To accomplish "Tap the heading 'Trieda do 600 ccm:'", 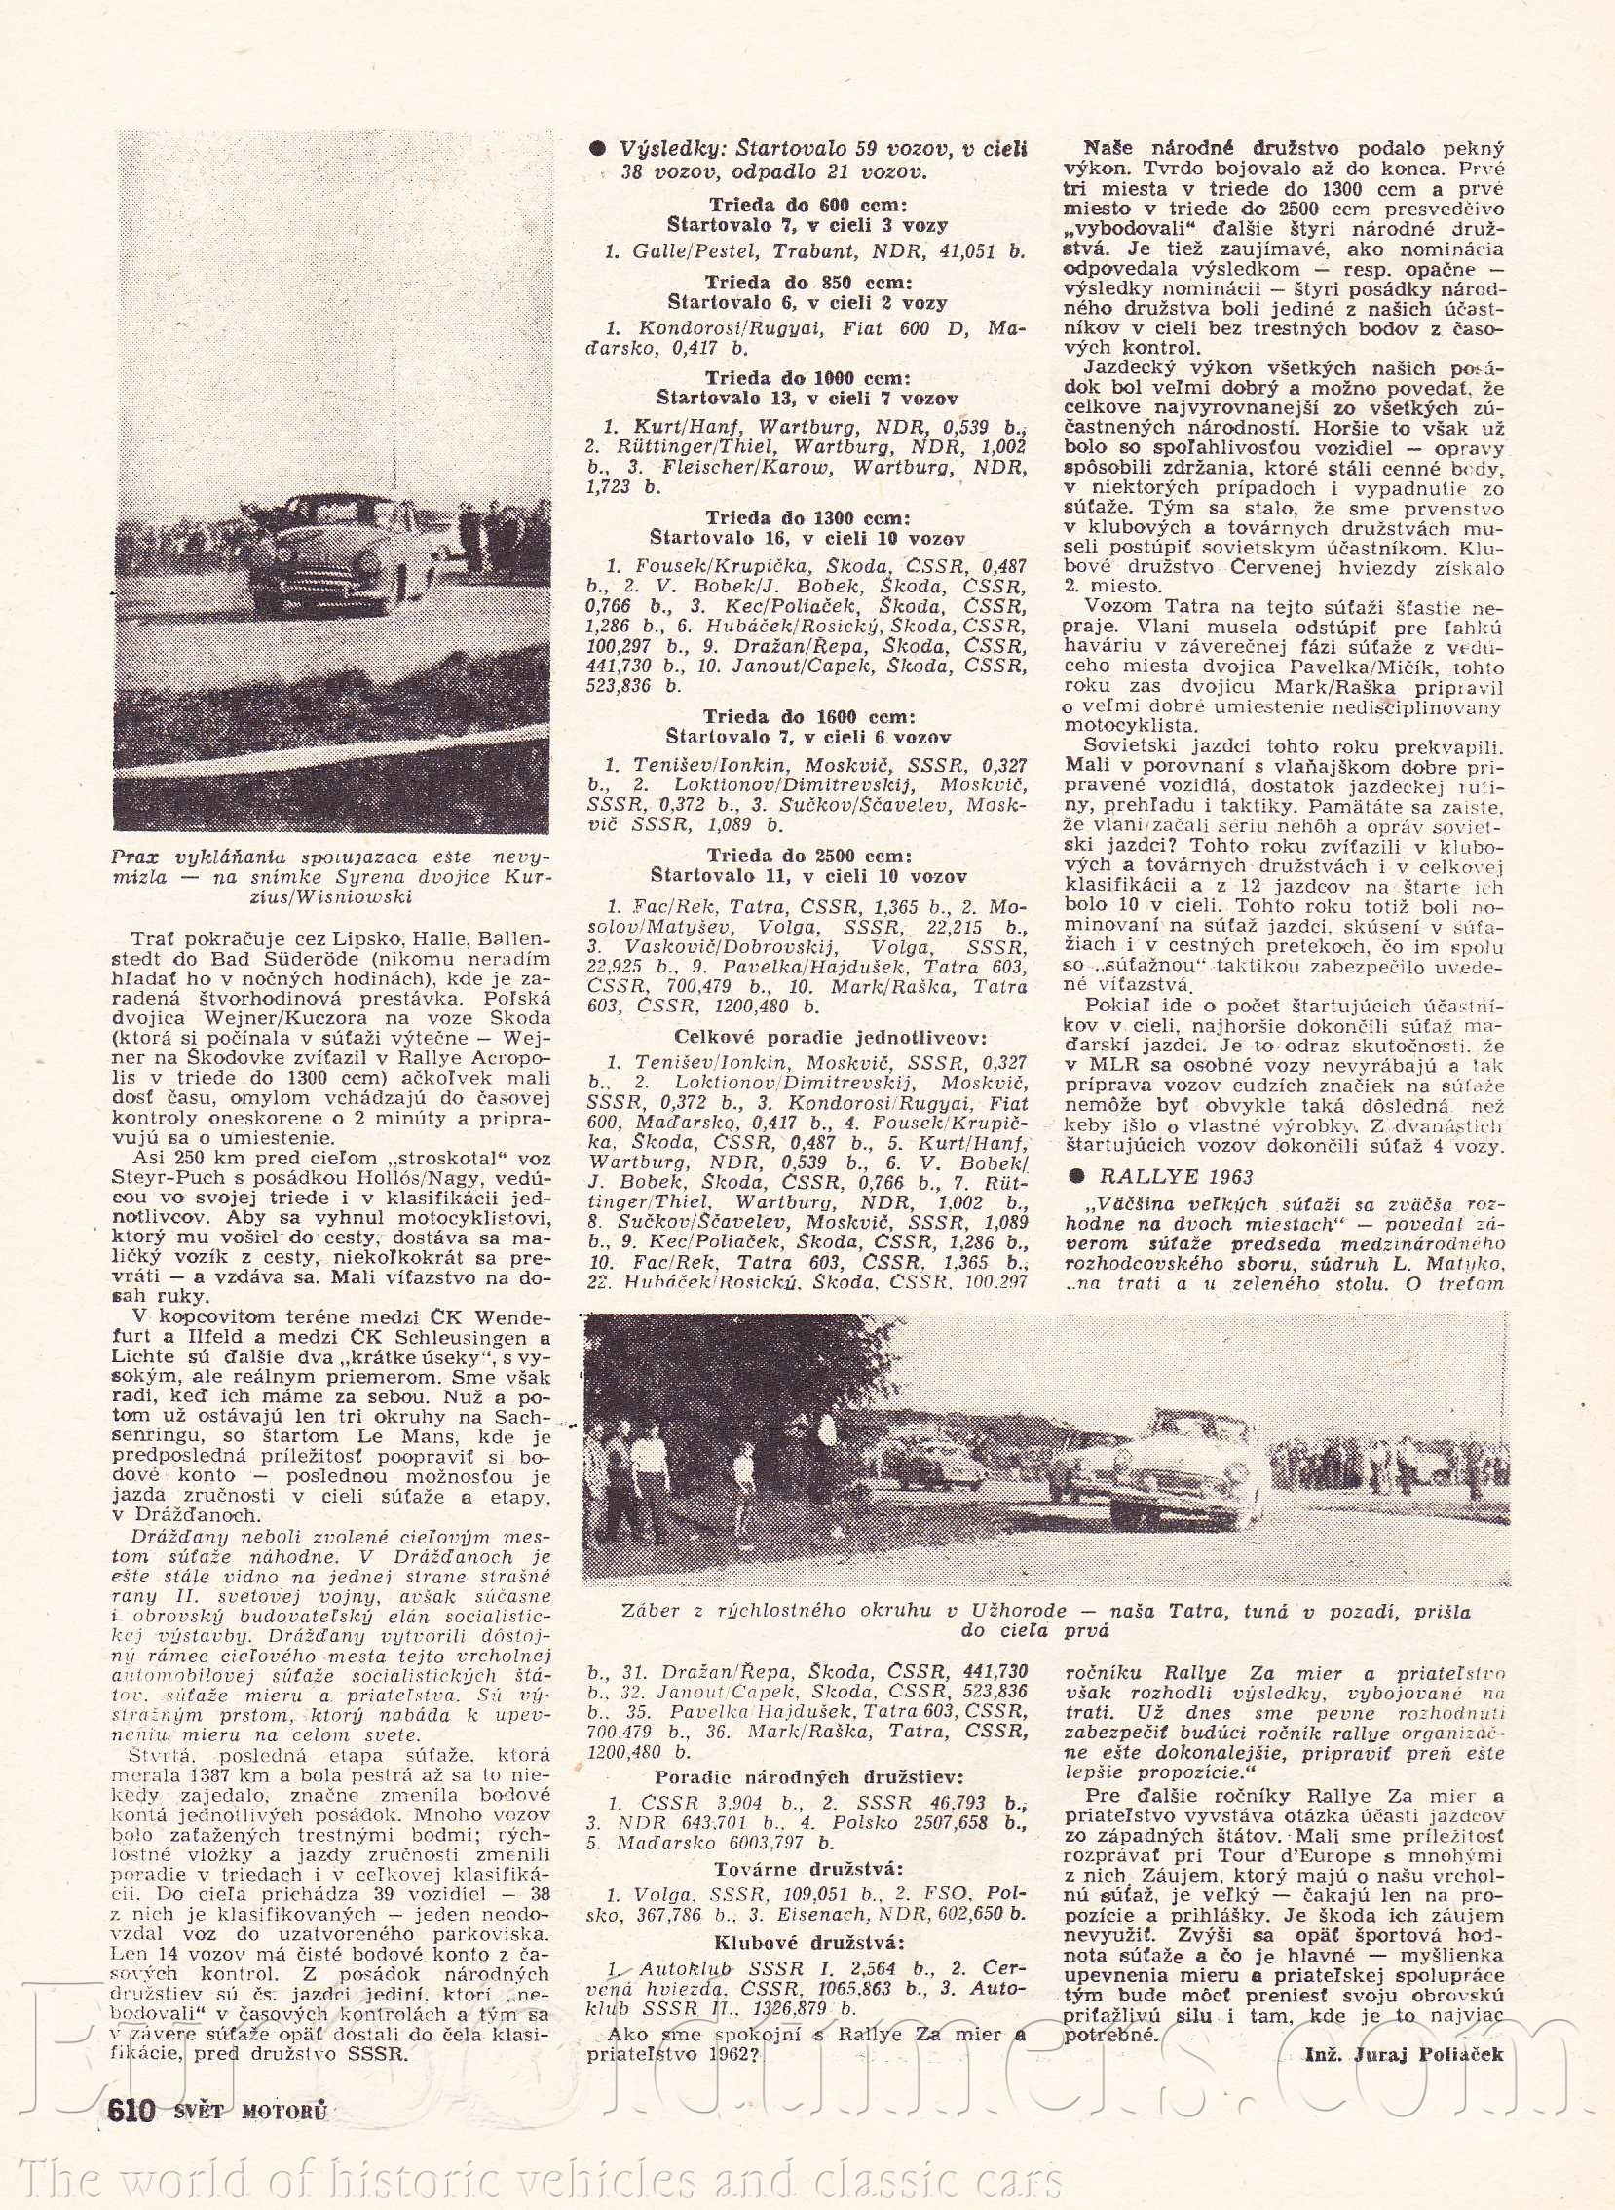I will (x=807, y=206).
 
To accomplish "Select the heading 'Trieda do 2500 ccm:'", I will (x=807, y=856).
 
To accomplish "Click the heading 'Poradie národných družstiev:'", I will (x=807, y=1776).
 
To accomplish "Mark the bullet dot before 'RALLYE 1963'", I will (x=1077, y=1176).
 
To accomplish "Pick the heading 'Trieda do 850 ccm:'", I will (x=807, y=283).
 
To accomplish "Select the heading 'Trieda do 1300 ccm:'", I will (x=807, y=516).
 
